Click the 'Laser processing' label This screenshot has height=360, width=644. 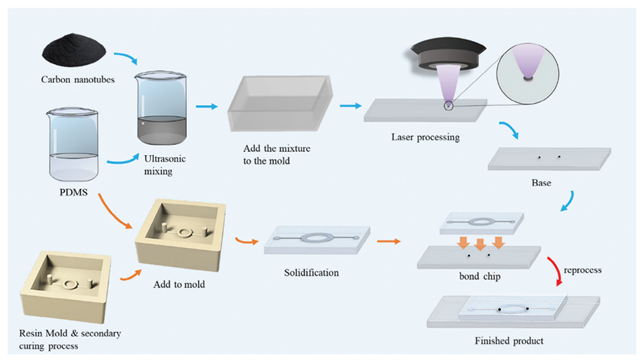[425, 138]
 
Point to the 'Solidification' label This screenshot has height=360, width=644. [312, 273]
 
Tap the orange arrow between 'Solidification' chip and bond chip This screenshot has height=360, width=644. [388, 239]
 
